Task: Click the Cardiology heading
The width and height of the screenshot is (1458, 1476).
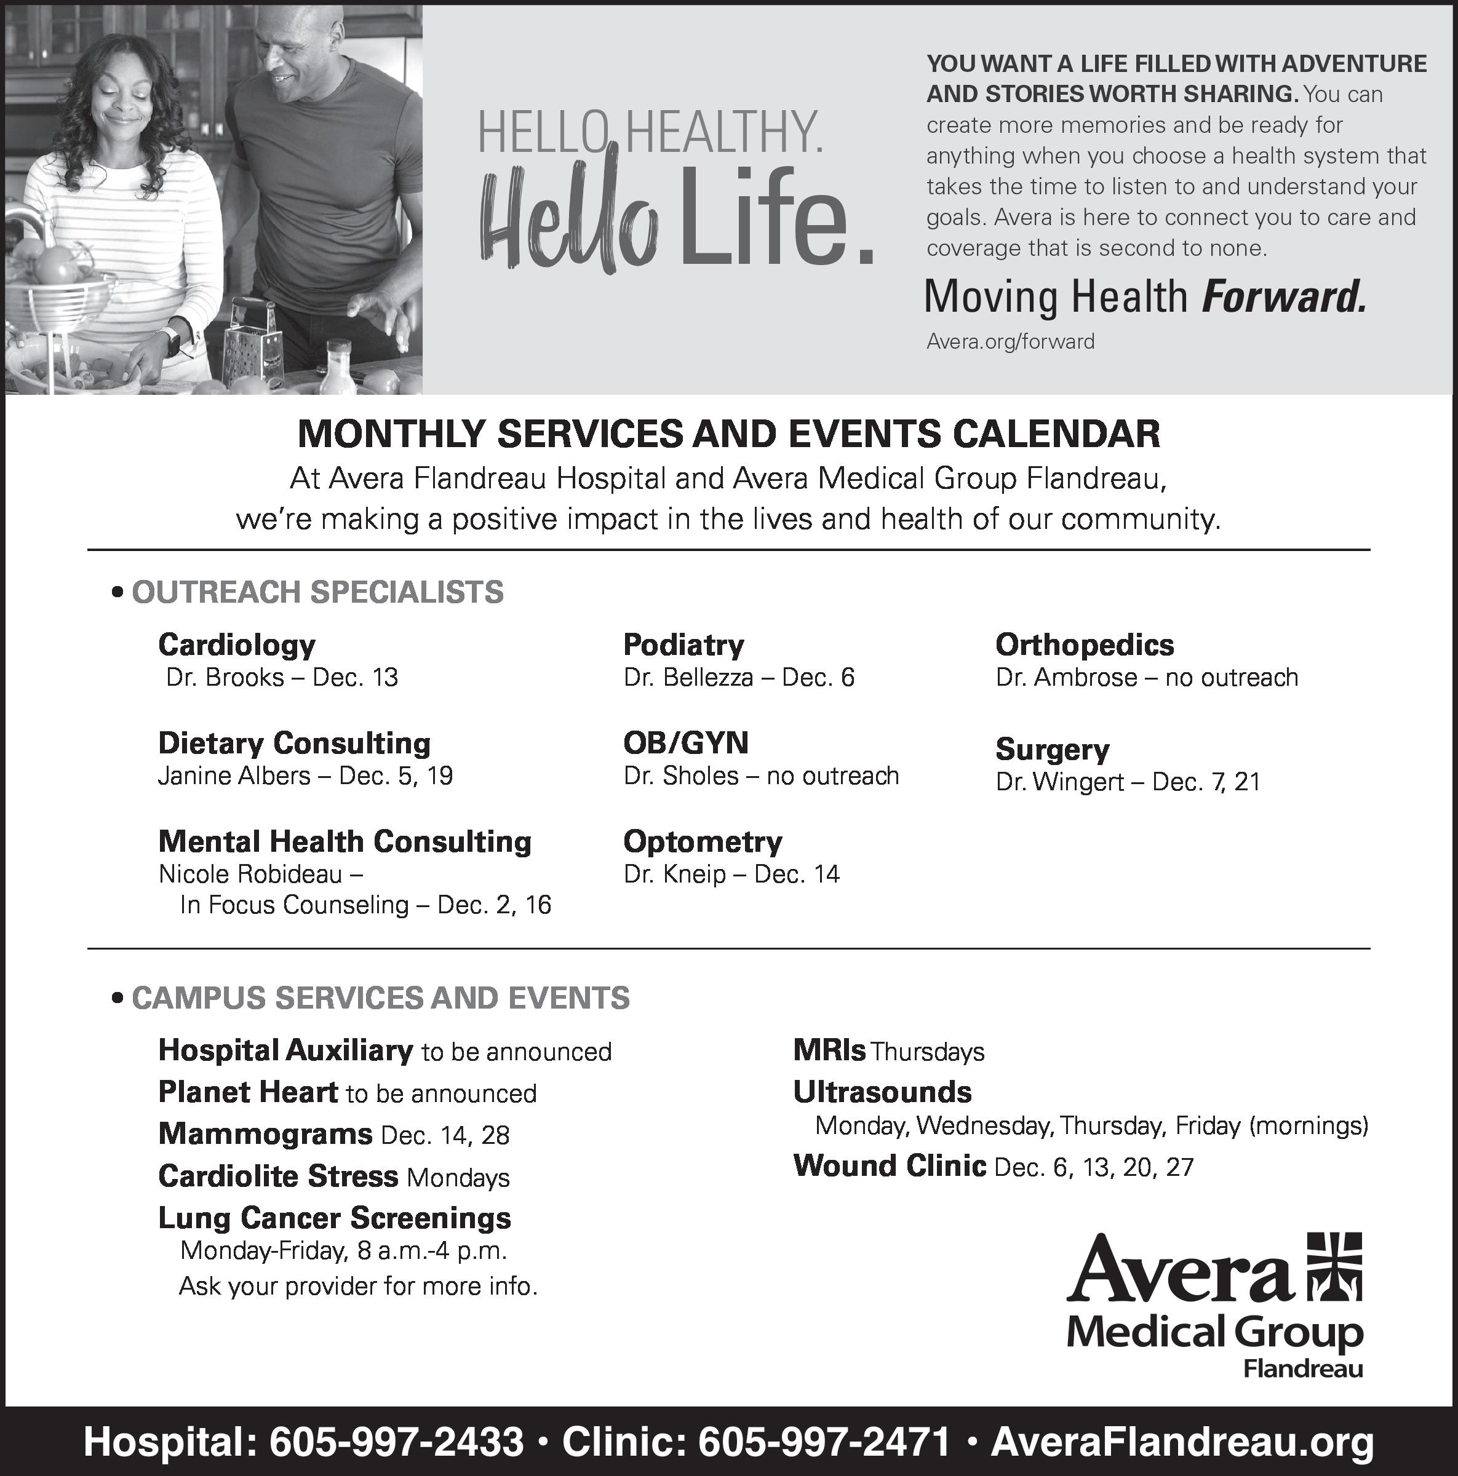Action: pyautogui.click(x=236, y=645)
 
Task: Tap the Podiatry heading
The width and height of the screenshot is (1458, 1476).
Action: pyautogui.click(x=683, y=645)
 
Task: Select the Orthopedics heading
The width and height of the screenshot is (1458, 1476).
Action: pyautogui.click(x=1085, y=645)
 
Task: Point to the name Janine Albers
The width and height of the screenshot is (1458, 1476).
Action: pyautogui.click(x=234, y=776)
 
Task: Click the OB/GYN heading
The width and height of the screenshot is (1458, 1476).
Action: pyautogui.click(x=685, y=742)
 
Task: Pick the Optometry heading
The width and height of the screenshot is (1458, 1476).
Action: pyautogui.click(x=703, y=841)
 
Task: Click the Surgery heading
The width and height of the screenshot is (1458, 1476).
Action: pyautogui.click(x=1052, y=750)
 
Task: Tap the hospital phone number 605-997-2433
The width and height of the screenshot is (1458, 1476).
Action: pyautogui.click(x=397, y=1442)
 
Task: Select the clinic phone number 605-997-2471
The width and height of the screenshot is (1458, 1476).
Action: pyautogui.click(x=824, y=1442)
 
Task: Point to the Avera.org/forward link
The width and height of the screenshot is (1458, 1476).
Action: pyautogui.click(x=1010, y=341)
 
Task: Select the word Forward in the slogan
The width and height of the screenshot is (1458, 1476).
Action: pyautogui.click(x=1283, y=297)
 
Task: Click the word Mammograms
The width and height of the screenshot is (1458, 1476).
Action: pyautogui.click(x=265, y=1133)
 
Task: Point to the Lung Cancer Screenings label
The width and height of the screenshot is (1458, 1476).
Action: pyautogui.click(x=334, y=1218)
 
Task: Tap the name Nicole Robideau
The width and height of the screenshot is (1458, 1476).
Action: pyautogui.click(x=250, y=874)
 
